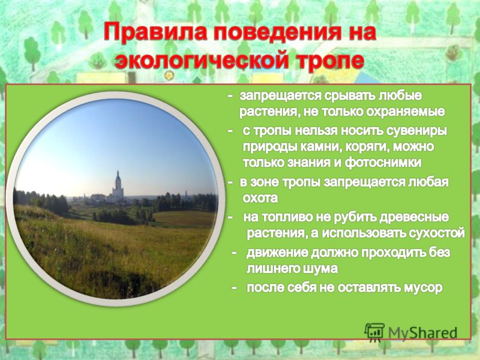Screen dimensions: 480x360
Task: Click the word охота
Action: point(260,199)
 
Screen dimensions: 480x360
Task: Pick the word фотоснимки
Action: point(383,163)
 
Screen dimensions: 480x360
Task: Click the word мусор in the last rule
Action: point(423,288)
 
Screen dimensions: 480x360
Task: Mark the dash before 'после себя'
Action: point(234,288)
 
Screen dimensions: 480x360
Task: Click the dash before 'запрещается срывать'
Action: point(230,96)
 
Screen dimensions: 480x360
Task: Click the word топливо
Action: point(280,218)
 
